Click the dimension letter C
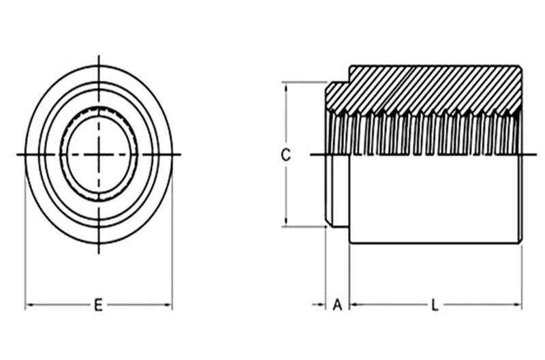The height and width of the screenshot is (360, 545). [x=285, y=155]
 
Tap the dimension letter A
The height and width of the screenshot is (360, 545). [x=337, y=305]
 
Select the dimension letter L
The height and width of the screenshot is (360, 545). [x=435, y=305]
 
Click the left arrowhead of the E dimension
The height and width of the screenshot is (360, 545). [x=29, y=305]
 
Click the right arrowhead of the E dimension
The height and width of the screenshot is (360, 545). [x=168, y=305]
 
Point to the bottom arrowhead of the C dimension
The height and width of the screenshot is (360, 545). [x=286, y=222]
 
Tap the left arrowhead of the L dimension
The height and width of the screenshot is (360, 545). [x=354, y=305]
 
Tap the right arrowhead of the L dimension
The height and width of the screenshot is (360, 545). [x=518, y=305]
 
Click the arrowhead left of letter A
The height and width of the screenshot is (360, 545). [x=322, y=305]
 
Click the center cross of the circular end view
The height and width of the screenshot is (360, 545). [x=99, y=154]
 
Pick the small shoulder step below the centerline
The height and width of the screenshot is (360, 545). [x=338, y=191]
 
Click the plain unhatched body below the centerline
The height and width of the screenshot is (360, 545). [x=435, y=198]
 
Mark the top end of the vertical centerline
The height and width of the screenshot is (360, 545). [x=99, y=56]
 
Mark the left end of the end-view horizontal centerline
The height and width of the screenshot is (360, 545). [x=17, y=154]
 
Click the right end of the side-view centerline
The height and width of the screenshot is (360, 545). [x=536, y=155]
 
